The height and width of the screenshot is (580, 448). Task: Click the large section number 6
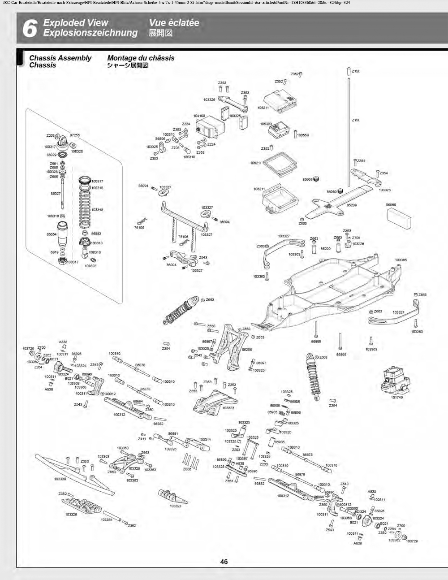pyautogui.click(x=29, y=28)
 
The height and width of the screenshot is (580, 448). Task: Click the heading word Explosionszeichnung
pyautogui.click(x=90, y=33)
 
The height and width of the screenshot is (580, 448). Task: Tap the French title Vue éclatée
pyautogui.click(x=174, y=23)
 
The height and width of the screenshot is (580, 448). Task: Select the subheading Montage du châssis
pyautogui.click(x=141, y=58)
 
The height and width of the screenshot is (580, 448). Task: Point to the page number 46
pyautogui.click(x=224, y=562)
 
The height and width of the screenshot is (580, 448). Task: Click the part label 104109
pyautogui.click(x=199, y=116)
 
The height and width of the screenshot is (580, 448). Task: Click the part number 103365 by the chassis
pyautogui.click(x=401, y=260)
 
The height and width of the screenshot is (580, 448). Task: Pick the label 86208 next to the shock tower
pyautogui.click(x=247, y=350)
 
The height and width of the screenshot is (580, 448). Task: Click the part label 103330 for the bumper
pyautogui.click(x=60, y=479)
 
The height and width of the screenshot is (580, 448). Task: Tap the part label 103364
pyautogui.click(x=107, y=520)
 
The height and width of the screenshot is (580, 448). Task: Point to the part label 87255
pyautogui.click(x=75, y=135)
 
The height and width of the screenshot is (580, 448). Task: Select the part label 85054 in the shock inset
pyautogui.click(x=52, y=234)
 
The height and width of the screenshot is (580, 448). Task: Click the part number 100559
pyautogui.click(x=302, y=135)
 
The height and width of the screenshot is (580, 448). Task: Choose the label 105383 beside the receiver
pyautogui.click(x=266, y=124)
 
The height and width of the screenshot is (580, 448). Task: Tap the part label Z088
pyautogui.click(x=187, y=469)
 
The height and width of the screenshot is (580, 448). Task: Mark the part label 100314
pyautogui.click(x=205, y=440)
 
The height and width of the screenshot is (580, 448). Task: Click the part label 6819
pyautogui.click(x=54, y=252)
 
